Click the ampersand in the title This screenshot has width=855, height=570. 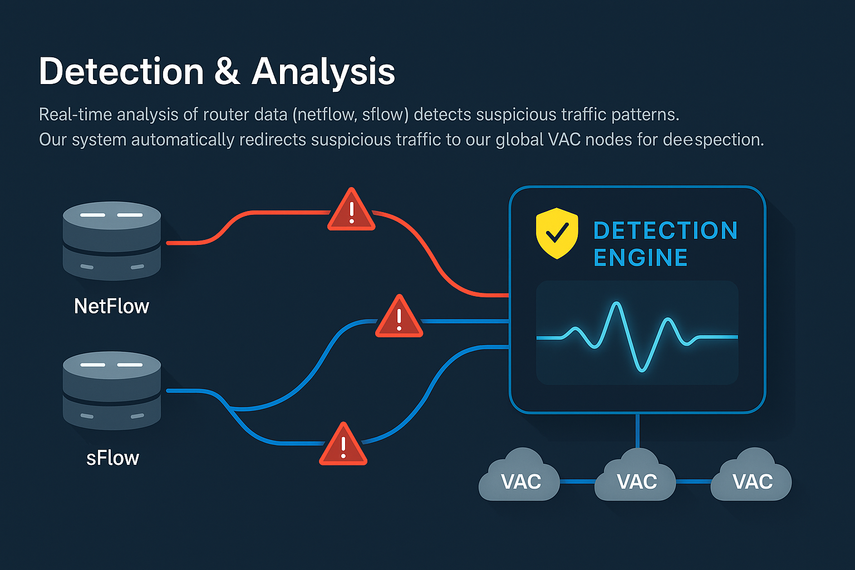227,72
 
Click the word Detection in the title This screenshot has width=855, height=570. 121,72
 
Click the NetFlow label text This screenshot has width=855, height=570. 111,306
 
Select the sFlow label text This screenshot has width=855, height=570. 112,458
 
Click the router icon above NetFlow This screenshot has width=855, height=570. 111,240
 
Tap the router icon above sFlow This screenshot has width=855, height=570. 111,390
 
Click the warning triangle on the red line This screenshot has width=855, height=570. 351,212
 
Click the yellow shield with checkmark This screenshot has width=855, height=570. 557,233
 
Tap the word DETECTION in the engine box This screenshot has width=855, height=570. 665,230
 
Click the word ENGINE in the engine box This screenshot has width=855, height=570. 640,258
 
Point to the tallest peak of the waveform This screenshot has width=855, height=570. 616,304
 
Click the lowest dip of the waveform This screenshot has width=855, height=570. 642,370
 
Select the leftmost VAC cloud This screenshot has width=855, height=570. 520,478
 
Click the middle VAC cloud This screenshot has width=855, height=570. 636,478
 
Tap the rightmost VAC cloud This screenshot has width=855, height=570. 752,478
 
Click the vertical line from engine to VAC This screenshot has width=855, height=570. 637,431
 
